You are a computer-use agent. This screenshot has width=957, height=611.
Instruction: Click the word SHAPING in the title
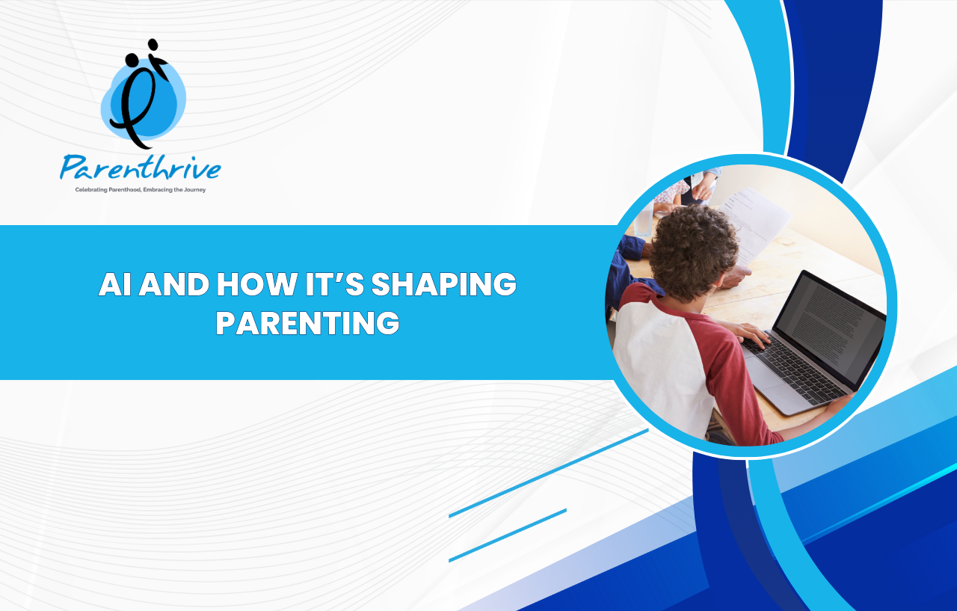point(444,284)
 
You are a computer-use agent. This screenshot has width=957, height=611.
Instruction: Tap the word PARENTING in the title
point(307,323)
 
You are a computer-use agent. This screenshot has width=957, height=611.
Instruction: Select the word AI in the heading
point(115,284)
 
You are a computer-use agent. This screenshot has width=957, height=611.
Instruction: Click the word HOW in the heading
point(257,284)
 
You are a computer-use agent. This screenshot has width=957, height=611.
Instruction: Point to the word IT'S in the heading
point(334,284)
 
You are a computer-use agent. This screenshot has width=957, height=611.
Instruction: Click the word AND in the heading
point(174,284)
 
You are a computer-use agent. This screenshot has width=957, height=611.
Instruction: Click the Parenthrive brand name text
point(141,167)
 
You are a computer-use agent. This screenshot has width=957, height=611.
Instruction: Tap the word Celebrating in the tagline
point(91,190)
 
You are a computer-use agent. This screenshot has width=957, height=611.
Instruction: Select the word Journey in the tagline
point(195,190)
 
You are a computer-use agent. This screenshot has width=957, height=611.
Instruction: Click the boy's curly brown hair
point(694,252)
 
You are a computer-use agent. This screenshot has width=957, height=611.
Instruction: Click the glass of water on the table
point(644,221)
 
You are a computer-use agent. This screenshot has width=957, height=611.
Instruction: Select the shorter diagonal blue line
point(508,535)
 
